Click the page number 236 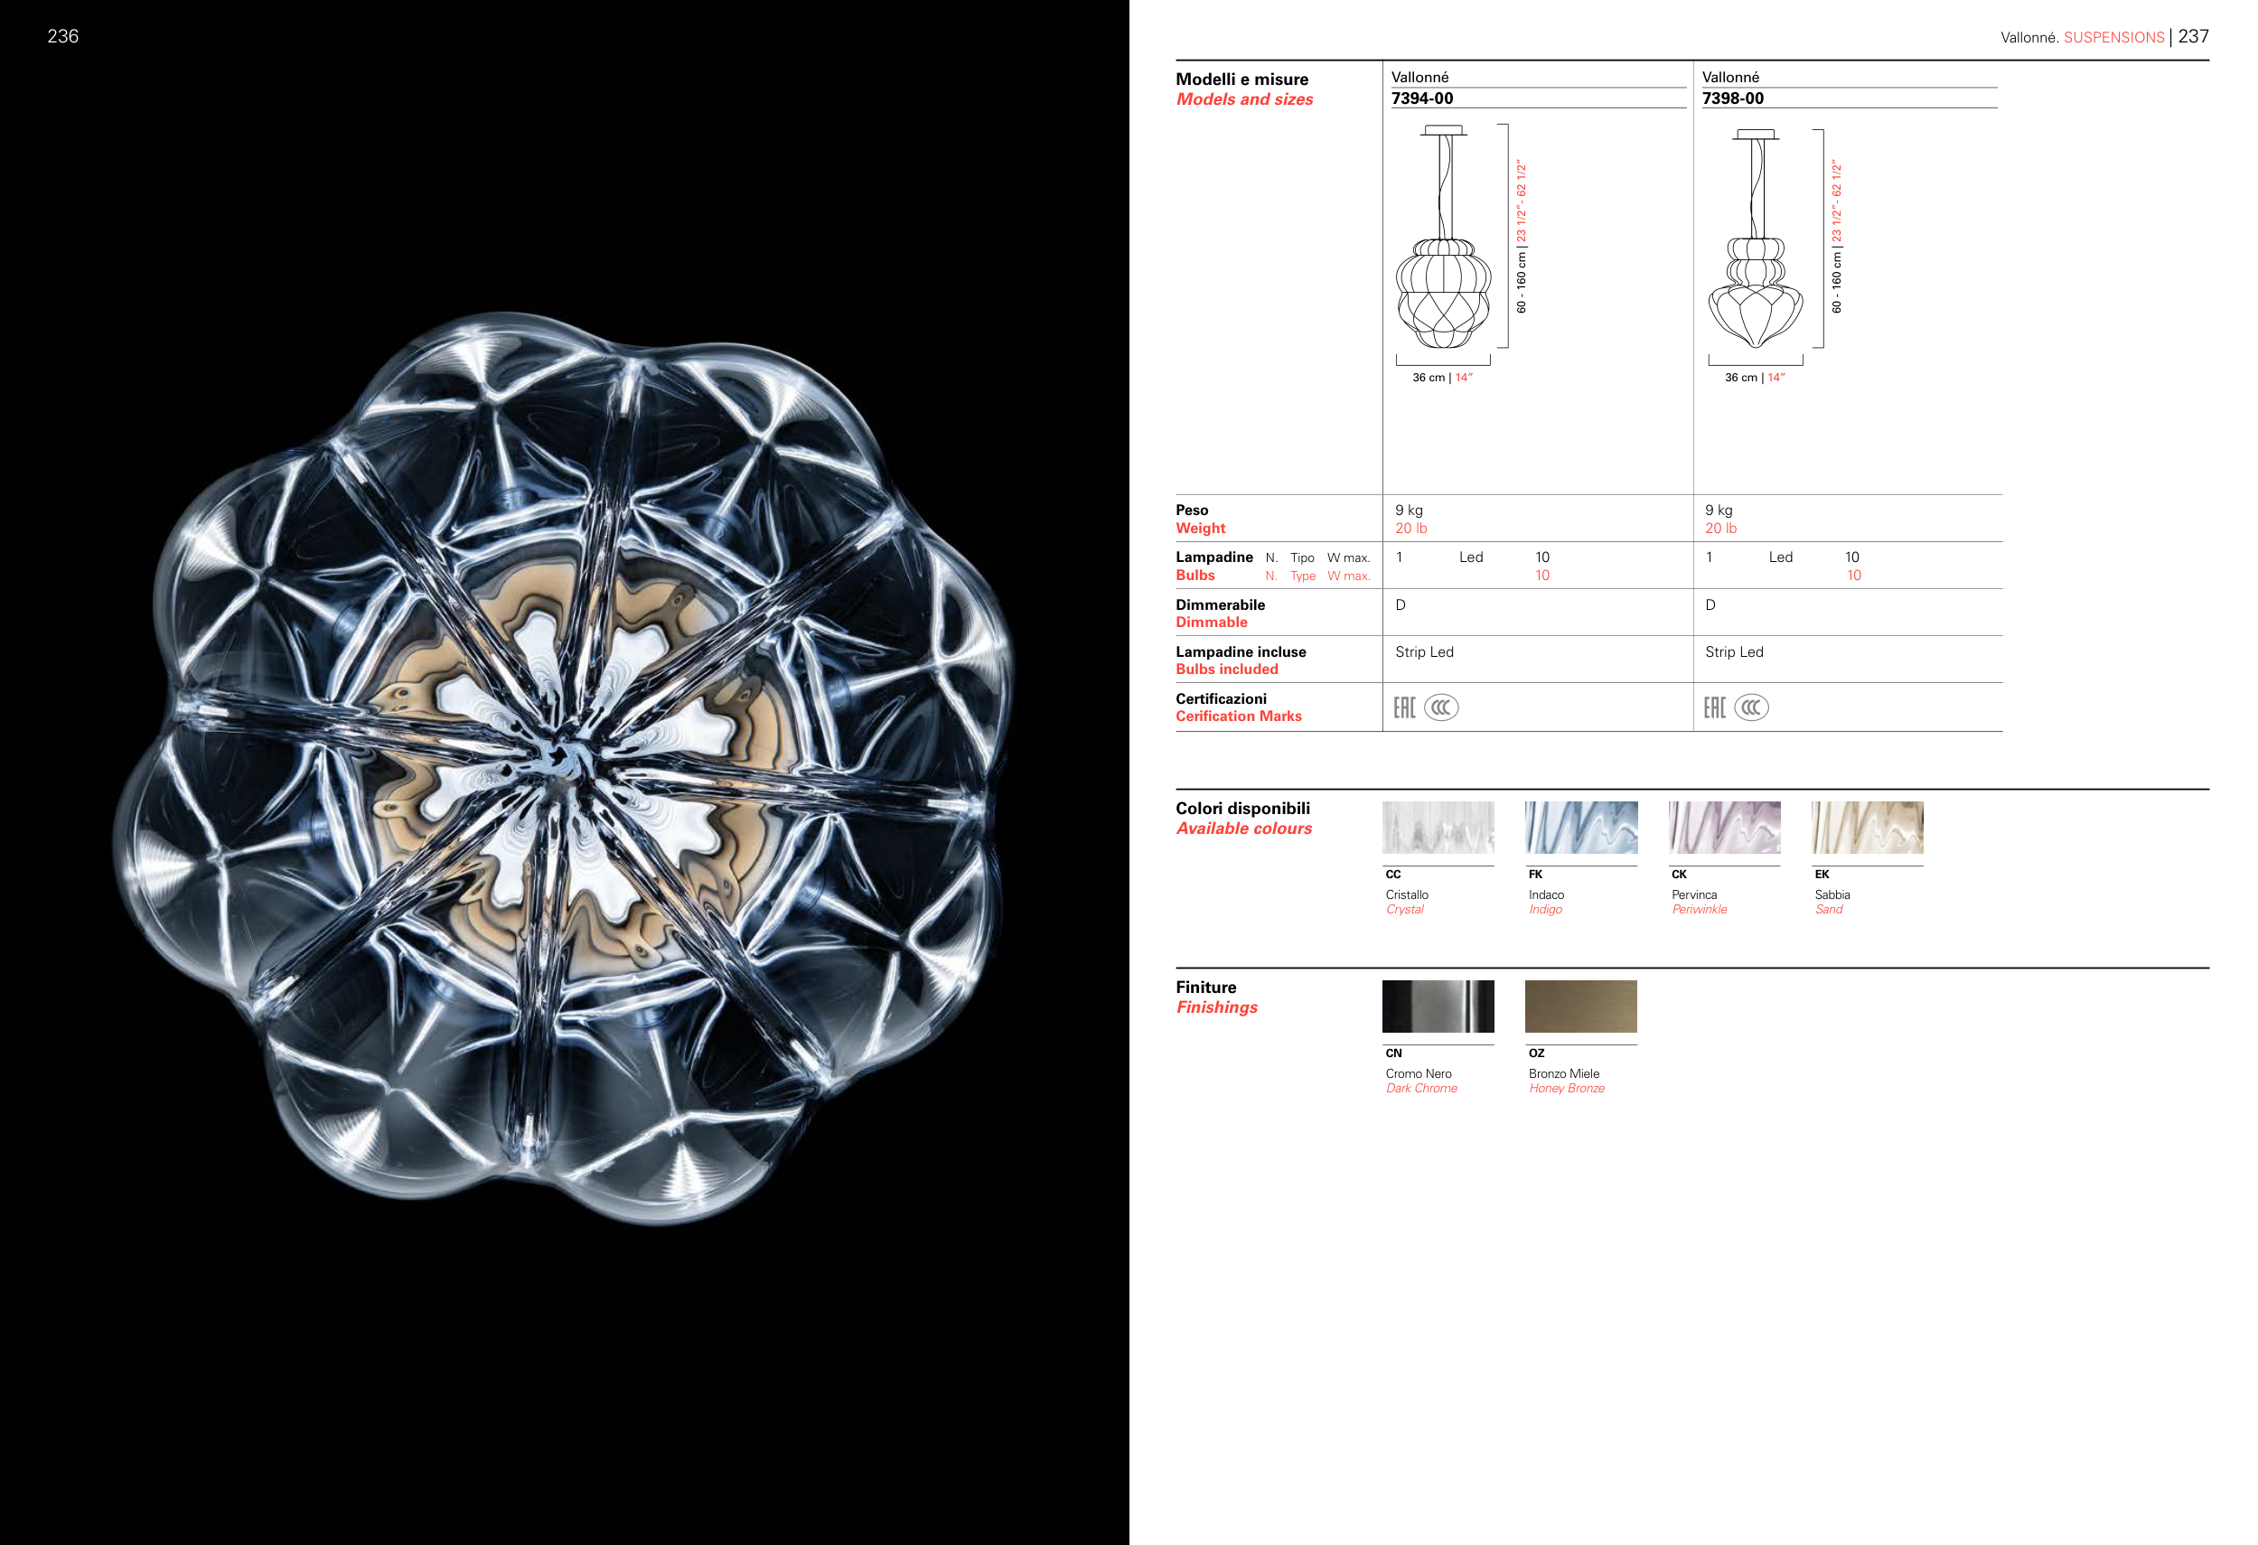[63, 36]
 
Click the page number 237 [2193, 36]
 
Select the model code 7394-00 [1422, 98]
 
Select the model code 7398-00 [1732, 98]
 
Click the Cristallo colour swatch [1438, 828]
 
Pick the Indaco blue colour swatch [1581, 828]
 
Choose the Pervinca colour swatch [1725, 828]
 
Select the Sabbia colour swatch [1868, 828]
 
